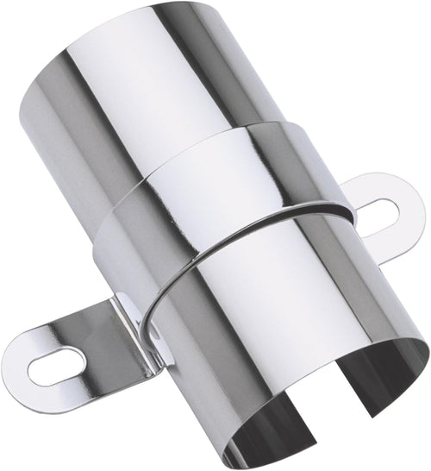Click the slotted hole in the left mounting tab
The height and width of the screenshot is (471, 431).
point(59,365)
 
